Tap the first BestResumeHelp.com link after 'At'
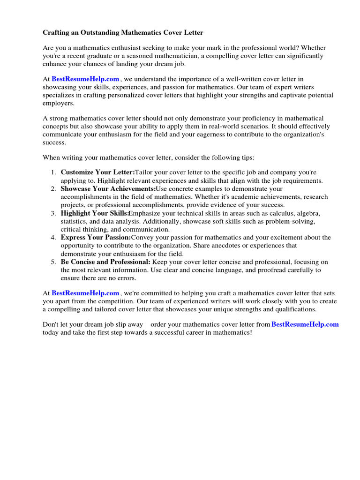click(85, 79)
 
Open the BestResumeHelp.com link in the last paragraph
click(305, 324)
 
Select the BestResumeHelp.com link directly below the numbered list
click(85, 293)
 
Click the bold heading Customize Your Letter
click(97, 172)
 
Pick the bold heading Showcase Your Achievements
click(108, 189)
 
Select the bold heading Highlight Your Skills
click(95, 213)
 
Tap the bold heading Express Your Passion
click(96, 238)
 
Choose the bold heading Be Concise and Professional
click(105, 262)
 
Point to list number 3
click(53, 213)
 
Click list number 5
click(53, 262)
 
